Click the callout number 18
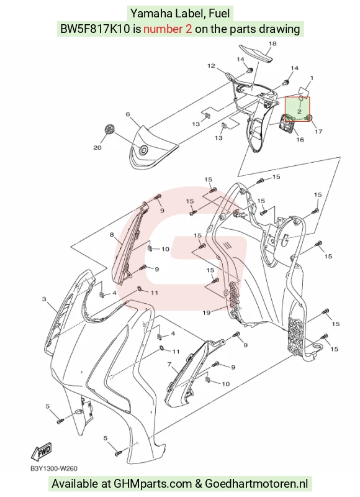pyautogui.click(x=272, y=43)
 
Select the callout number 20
pyautogui.click(x=97, y=147)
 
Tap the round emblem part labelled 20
pyautogui.click(x=109, y=130)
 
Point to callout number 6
pyautogui.click(x=128, y=114)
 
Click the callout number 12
pyautogui.click(x=211, y=66)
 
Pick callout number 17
pyautogui.click(x=318, y=131)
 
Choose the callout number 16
pyautogui.click(x=300, y=139)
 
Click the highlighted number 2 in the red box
pyautogui.click(x=299, y=111)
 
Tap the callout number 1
pyautogui.click(x=312, y=78)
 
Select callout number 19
pyautogui.click(x=207, y=313)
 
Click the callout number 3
pyautogui.click(x=44, y=299)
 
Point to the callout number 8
pyautogui.click(x=112, y=235)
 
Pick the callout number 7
pyautogui.click(x=169, y=365)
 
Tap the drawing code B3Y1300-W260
pyautogui.click(x=54, y=468)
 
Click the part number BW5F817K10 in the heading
pyautogui.click(x=95, y=29)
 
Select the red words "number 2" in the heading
pyautogui.click(x=168, y=29)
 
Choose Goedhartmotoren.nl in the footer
pyautogui.click(x=256, y=484)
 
